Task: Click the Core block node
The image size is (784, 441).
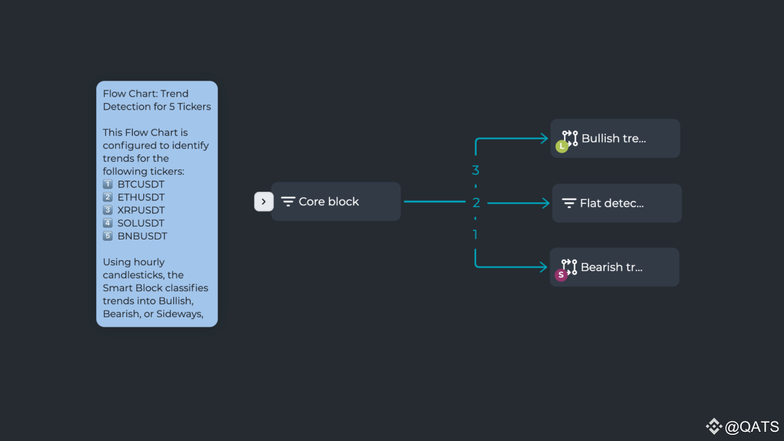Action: coord(336,202)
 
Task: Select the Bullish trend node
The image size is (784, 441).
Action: coord(616,138)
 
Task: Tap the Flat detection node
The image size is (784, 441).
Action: coord(617,203)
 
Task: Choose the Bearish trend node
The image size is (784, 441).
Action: coord(614,267)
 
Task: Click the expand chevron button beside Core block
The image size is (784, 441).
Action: coord(263,202)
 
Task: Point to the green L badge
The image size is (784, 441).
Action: coord(562,146)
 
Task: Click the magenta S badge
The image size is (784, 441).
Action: coord(561,275)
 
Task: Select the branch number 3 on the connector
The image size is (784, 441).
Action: coord(475,170)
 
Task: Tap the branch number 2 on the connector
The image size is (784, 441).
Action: coord(476,203)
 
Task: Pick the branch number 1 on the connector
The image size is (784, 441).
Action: coord(475,235)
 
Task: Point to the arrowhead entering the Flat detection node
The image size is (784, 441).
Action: coord(546,203)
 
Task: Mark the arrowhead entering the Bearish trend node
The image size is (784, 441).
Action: coord(543,267)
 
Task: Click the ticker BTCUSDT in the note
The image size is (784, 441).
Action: coord(141,184)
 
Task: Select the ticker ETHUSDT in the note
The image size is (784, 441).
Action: coord(141,197)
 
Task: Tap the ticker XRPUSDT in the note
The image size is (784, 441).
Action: coord(141,210)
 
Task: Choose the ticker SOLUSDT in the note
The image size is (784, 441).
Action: coord(141,223)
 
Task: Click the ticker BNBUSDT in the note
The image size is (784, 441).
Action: coord(142,236)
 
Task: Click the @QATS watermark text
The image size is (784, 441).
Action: coord(752,427)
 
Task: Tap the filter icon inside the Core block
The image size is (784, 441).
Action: coord(288,202)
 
